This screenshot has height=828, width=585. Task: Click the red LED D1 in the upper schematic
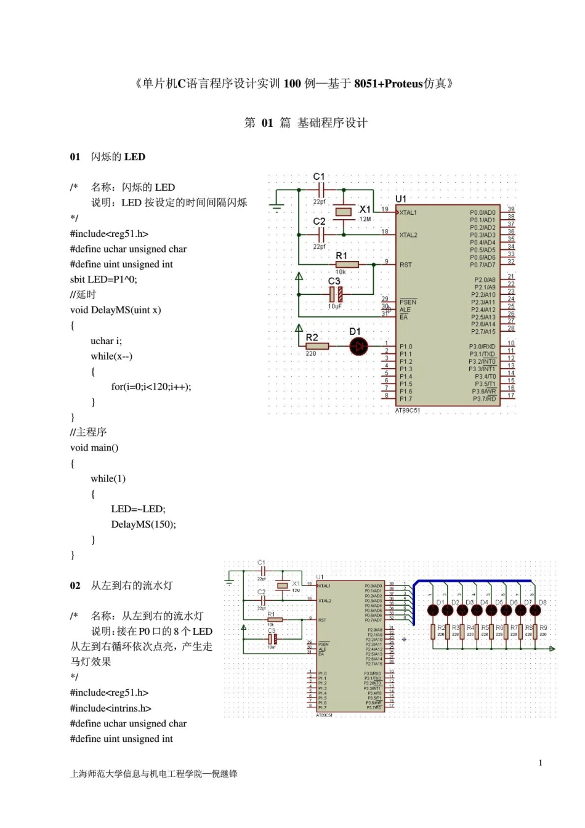click(358, 347)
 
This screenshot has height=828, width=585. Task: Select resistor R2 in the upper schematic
click(317, 346)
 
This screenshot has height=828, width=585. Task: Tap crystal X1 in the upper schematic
click(343, 212)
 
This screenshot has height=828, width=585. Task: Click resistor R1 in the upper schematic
click(347, 264)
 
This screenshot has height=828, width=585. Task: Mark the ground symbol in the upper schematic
click(276, 208)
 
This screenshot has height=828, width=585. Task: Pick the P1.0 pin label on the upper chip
click(406, 347)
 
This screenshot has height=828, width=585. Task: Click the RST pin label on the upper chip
click(405, 265)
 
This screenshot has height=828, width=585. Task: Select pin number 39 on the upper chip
click(510, 209)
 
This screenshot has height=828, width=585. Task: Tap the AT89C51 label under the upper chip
click(408, 411)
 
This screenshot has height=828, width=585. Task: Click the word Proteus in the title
click(403, 84)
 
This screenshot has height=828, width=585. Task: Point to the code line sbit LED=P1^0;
click(103, 279)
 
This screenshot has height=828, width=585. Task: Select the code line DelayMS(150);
click(143, 525)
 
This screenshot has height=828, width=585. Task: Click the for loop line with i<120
click(151, 387)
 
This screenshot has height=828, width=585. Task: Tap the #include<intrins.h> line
click(111, 708)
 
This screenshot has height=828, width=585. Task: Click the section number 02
click(75, 585)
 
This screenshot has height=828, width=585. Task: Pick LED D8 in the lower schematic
click(535, 610)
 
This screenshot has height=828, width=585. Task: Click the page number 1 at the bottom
click(541, 763)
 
